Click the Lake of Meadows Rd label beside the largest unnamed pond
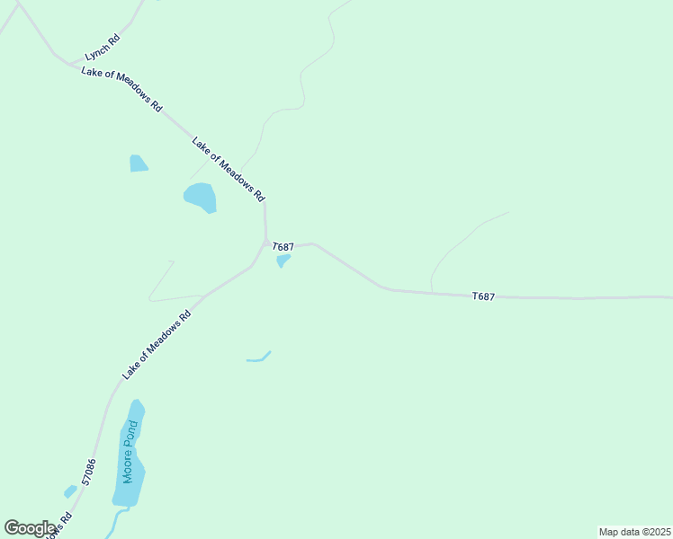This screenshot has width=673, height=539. click(229, 168)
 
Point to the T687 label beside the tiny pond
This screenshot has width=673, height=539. click(283, 246)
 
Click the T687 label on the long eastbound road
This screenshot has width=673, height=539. click(483, 296)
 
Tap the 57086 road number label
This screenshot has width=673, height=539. click(88, 473)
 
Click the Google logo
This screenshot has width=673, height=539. click(29, 528)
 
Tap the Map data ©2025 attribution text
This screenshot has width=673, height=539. click(634, 532)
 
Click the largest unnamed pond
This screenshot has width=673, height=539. click(201, 197)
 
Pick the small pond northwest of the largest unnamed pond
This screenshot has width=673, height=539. click(138, 163)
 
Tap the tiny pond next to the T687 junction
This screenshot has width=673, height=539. click(283, 261)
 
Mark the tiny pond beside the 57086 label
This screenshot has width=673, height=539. click(70, 491)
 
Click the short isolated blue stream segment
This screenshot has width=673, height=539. click(259, 358)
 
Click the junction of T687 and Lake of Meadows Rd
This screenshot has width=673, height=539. click(265, 241)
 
